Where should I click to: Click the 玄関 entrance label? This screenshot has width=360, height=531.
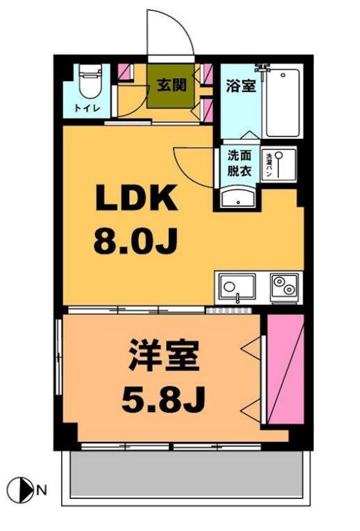point(171,86)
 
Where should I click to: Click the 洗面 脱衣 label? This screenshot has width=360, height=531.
point(238,163)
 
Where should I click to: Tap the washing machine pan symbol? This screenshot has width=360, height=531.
point(281,165)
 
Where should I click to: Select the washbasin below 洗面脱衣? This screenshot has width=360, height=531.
point(237,197)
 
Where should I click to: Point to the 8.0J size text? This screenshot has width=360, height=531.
point(135,242)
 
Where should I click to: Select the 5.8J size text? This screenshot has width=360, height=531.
point(163,400)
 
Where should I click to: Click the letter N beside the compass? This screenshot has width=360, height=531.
point(42,490)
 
